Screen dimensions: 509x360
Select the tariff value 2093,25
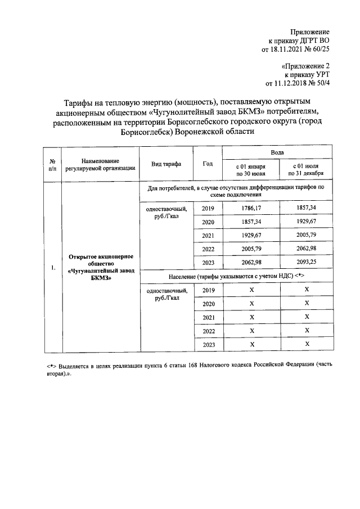pos(307,263)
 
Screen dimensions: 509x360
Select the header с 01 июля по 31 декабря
pos(307,170)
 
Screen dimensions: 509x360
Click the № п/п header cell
pos(52,164)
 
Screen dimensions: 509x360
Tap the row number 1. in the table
pos(52,267)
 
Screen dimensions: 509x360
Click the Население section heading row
pos(237,276)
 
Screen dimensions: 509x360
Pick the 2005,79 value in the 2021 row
pos(307,235)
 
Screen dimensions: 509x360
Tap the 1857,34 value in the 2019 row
pos(307,208)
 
